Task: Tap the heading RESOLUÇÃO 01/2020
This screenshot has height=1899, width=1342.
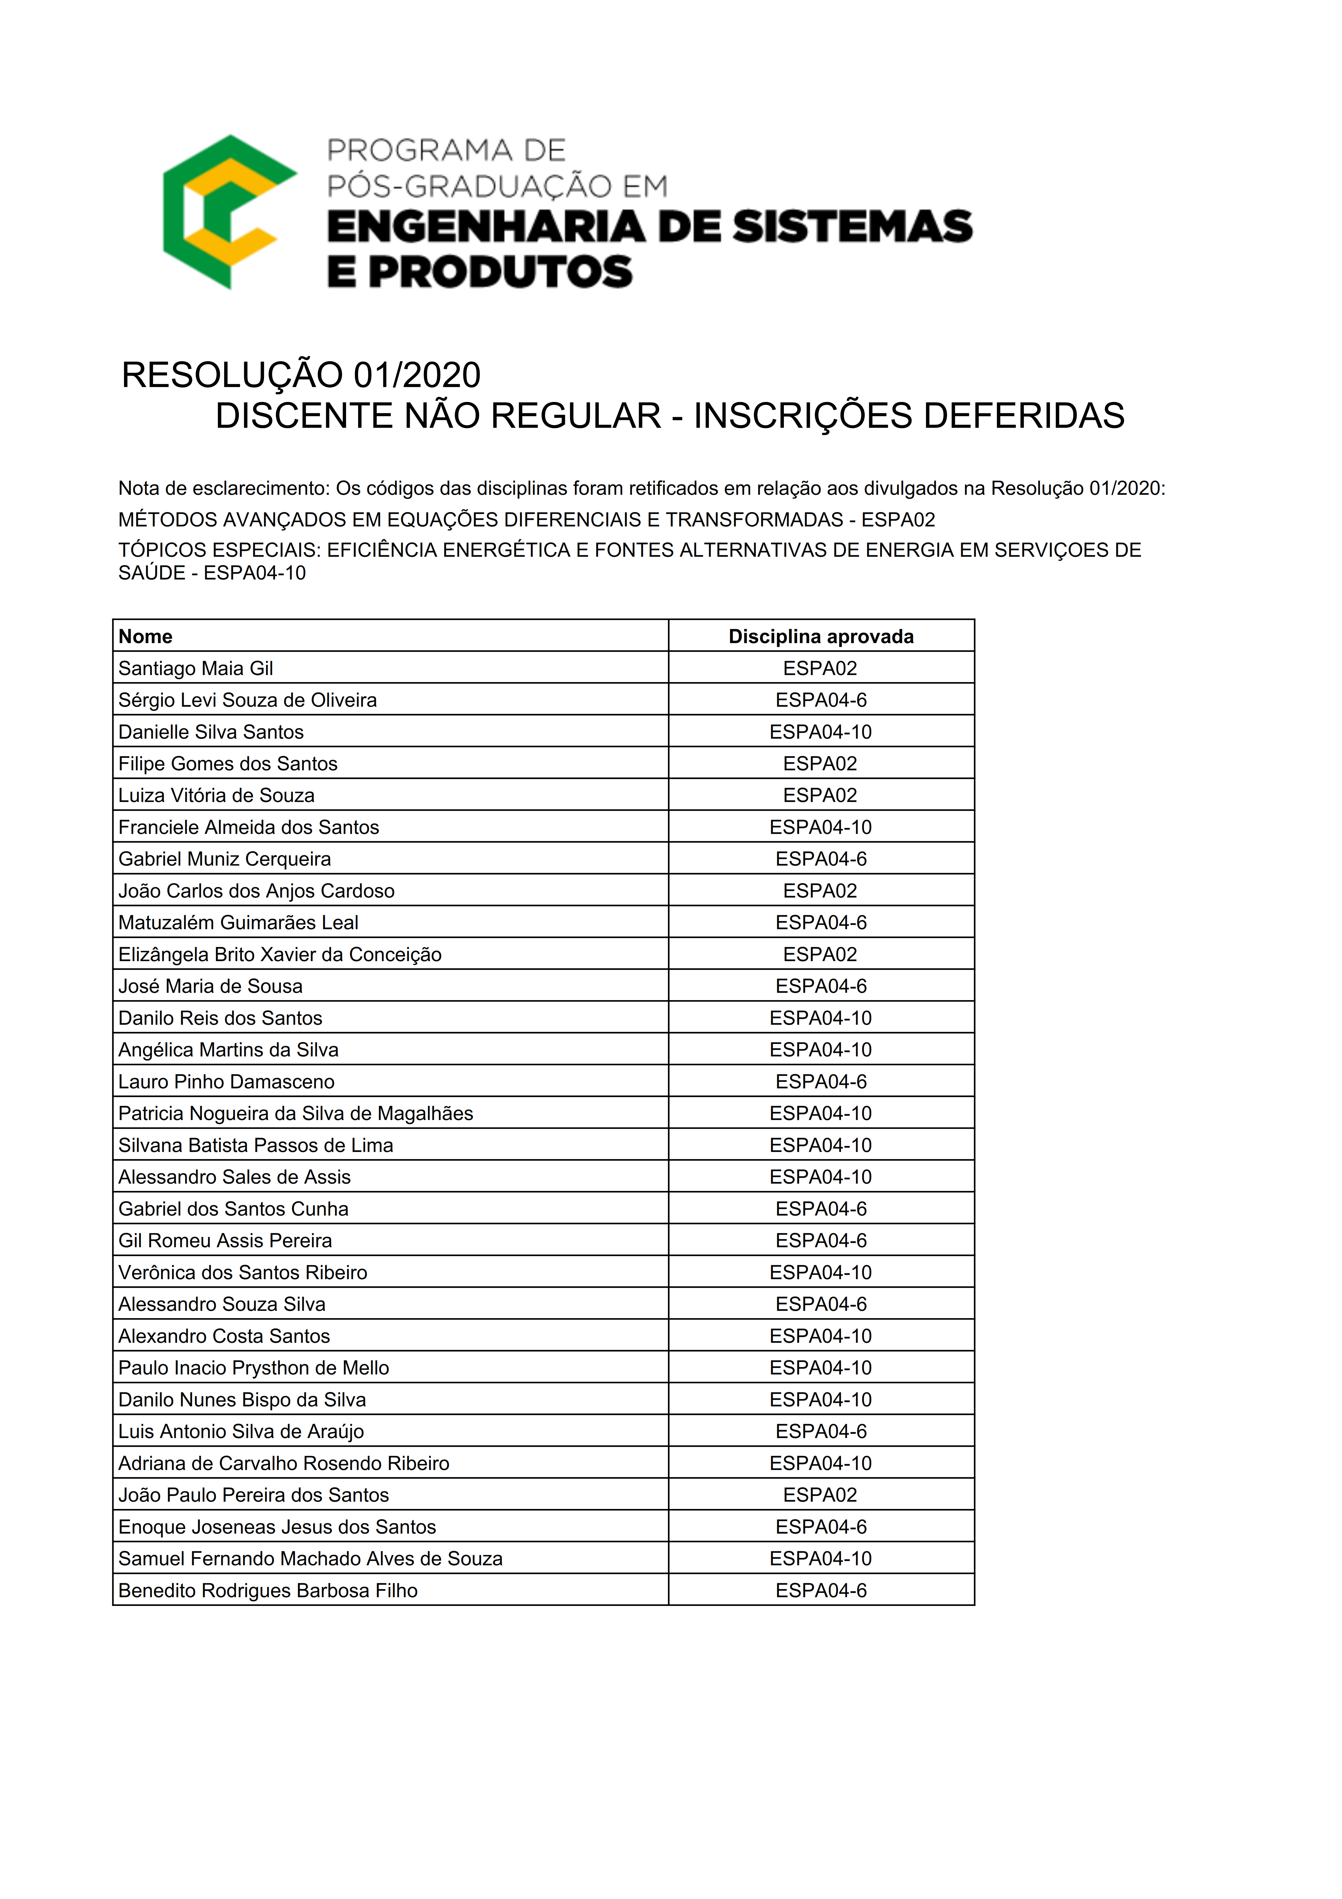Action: coord(301,375)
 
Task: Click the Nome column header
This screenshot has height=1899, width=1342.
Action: coord(146,636)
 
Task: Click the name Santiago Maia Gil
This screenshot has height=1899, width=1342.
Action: coord(196,668)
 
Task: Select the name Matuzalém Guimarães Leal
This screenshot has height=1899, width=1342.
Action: coord(238,922)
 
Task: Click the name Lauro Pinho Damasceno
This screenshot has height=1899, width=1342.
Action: coord(227,1082)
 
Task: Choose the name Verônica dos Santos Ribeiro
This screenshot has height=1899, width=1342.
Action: coord(243,1272)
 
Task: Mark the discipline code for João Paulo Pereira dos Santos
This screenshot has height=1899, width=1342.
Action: coord(820,1495)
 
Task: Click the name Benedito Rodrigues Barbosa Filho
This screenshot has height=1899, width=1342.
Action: coord(268,1590)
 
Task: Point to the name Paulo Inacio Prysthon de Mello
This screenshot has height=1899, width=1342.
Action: coord(254,1368)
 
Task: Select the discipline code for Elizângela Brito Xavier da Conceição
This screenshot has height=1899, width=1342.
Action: coord(820,954)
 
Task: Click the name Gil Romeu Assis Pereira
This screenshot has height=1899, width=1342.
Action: coord(225,1241)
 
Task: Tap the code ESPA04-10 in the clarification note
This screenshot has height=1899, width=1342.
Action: coord(255,573)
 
